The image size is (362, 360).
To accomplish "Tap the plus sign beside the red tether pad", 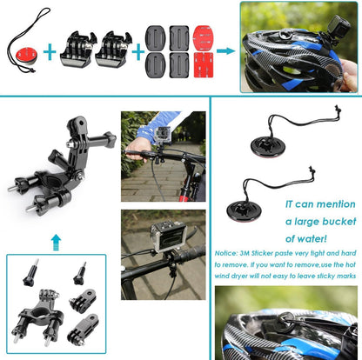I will tap(50, 50).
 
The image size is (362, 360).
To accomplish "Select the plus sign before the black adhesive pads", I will tap(135, 50).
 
